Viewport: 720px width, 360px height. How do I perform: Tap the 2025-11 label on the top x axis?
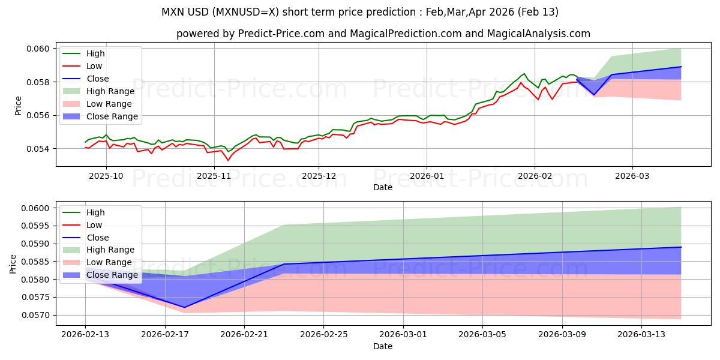[x=214, y=176]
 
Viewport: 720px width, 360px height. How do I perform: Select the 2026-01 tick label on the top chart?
[x=427, y=176]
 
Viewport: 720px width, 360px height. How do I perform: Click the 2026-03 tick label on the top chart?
[x=632, y=176]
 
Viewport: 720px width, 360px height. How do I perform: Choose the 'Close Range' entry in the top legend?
[x=112, y=116]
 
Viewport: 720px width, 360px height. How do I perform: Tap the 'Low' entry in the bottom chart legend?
[x=94, y=225]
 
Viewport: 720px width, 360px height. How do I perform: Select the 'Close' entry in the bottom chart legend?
[x=97, y=238]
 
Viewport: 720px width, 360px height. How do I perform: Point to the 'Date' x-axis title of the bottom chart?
[x=383, y=346]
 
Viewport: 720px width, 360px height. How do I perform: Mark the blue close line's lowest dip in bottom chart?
[x=184, y=307]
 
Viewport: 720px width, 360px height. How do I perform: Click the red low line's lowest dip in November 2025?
[x=227, y=160]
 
